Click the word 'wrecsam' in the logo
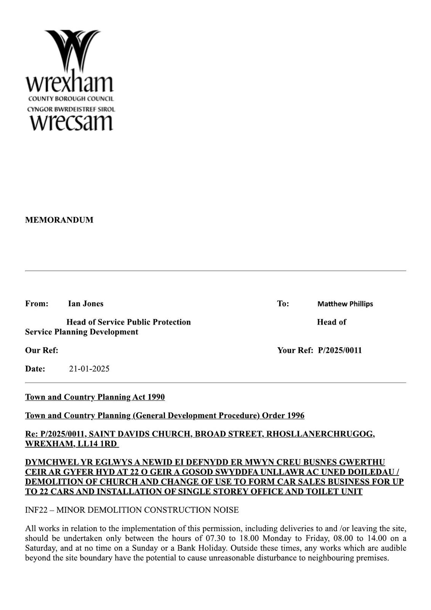click(71, 122)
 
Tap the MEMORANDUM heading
click(59, 220)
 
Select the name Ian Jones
click(86, 303)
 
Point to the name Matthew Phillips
click(345, 304)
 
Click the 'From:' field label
click(37, 303)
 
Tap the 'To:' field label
click(283, 303)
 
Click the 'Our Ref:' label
click(42, 350)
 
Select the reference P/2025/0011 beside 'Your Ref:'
click(340, 350)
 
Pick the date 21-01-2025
click(89, 369)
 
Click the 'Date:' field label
click(35, 369)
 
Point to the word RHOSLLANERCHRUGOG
click(320, 434)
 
